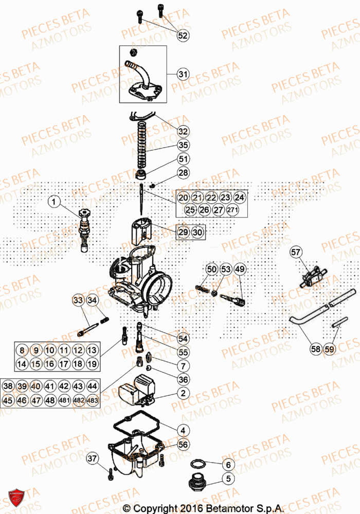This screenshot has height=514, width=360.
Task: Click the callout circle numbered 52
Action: click(x=183, y=35)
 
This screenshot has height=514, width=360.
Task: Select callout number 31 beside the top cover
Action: click(x=184, y=75)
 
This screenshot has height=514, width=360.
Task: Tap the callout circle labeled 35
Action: click(x=184, y=145)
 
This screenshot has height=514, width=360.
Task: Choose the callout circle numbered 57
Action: click(x=295, y=252)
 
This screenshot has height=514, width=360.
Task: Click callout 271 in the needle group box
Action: click(x=233, y=210)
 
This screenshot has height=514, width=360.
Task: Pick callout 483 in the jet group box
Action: click(x=93, y=400)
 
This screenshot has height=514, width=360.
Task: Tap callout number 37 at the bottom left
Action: click(x=92, y=458)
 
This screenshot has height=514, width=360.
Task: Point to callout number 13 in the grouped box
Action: click(x=92, y=351)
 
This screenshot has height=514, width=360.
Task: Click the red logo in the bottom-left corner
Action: click(x=16, y=498)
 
